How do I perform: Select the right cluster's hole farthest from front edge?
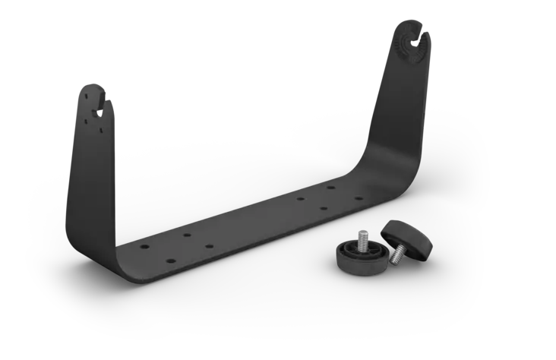pyautogui.click(x=330, y=186)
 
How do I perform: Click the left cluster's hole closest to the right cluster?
pyautogui.click(x=209, y=248)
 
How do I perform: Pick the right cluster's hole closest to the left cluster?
pyautogui.click(x=301, y=199)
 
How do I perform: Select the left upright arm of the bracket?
pyautogui.click(x=90, y=159)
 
